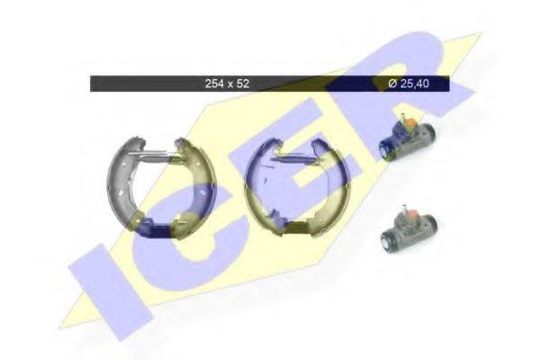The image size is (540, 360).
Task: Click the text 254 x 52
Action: click(x=227, y=84)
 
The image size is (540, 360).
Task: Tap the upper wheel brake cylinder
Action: click(x=406, y=137)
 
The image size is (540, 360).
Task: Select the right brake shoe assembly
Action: click(x=289, y=186)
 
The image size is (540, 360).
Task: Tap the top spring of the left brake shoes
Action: click(x=162, y=154)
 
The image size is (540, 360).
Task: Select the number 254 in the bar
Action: click(x=215, y=84)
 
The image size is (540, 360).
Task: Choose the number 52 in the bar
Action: click(x=243, y=84)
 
